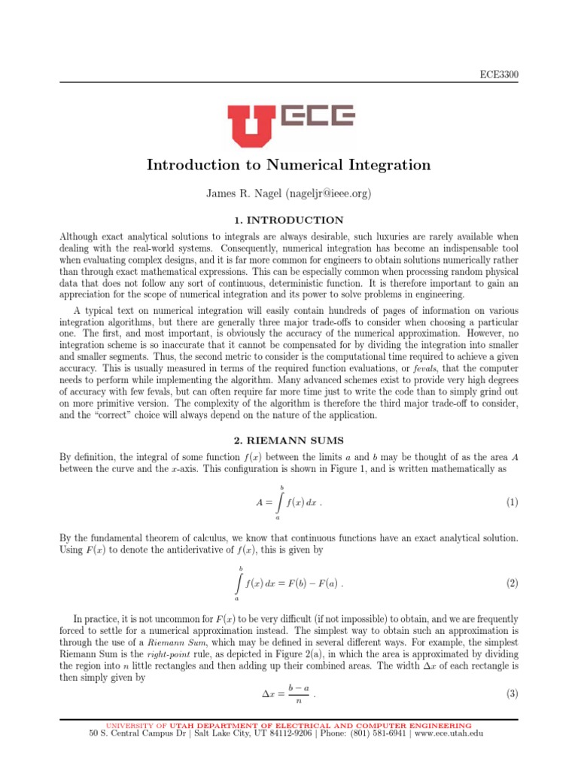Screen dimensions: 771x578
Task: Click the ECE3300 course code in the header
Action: (500, 74)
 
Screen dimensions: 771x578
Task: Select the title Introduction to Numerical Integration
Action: (288, 165)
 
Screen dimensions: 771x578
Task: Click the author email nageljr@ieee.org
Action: (327, 194)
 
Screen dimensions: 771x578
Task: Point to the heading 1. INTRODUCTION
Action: (288, 220)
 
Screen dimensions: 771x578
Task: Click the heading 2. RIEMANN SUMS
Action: (288, 438)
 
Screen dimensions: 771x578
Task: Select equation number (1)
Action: (512, 502)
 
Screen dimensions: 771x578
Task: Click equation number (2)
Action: (512, 584)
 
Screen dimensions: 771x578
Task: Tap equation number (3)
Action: (512, 693)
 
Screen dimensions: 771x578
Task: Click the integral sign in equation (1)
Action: (280, 502)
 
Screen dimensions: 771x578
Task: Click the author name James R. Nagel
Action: (242, 194)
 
